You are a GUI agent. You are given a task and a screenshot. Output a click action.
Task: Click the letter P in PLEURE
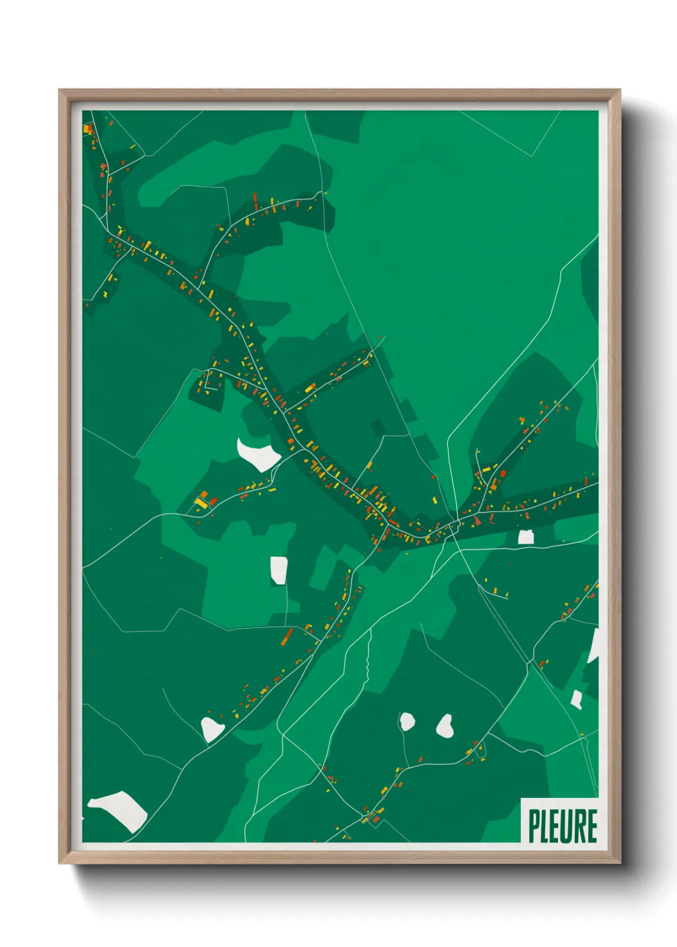point(534,826)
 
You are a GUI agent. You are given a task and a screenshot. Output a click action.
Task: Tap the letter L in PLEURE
point(545,826)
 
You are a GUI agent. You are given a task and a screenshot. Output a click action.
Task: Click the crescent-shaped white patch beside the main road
point(258,454)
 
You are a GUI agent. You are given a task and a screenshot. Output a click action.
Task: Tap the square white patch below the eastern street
point(526,537)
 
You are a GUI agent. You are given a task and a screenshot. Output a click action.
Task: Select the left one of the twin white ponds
point(407,722)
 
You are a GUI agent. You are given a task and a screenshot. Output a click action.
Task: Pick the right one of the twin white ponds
point(444,725)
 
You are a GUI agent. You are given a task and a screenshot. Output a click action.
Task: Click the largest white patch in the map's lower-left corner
point(120,809)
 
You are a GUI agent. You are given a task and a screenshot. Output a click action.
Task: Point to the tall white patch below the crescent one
point(278,569)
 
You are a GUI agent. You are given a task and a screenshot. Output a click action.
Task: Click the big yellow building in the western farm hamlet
point(201,504)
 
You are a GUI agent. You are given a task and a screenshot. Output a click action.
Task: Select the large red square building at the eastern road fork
point(503,474)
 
